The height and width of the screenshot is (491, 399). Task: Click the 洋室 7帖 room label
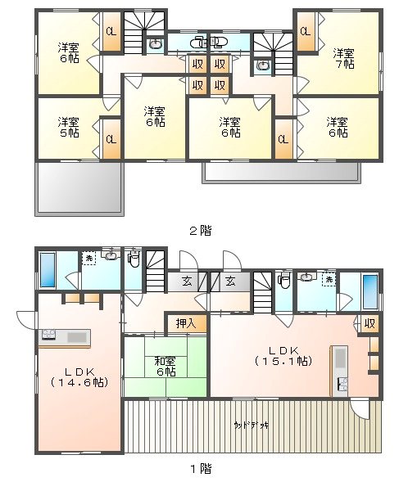pyautogui.click(x=343, y=58)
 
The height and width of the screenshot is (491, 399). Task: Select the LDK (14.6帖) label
pyautogui.click(x=79, y=376)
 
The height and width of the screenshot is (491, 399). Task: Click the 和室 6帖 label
pyautogui.click(x=165, y=364)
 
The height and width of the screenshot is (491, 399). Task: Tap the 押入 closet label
pyautogui.click(x=186, y=323)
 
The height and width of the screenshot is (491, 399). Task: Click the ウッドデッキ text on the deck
pyautogui.click(x=252, y=425)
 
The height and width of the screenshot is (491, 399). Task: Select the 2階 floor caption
pyautogui.click(x=200, y=231)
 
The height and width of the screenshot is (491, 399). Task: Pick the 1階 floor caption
pyautogui.click(x=200, y=469)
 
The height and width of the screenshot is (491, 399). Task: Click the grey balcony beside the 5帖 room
pyautogui.click(x=78, y=187)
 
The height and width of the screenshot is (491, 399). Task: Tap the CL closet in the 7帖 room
pyautogui.click(x=305, y=32)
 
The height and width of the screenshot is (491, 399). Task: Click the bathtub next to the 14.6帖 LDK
pyautogui.click(x=47, y=269)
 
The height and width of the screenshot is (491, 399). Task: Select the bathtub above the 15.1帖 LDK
pyautogui.click(x=370, y=291)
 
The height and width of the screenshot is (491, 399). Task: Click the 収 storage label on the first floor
pyautogui.click(x=370, y=323)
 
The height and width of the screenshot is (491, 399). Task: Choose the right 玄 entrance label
pyautogui.click(x=231, y=282)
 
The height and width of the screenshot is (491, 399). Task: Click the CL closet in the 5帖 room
pyautogui.click(x=110, y=138)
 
